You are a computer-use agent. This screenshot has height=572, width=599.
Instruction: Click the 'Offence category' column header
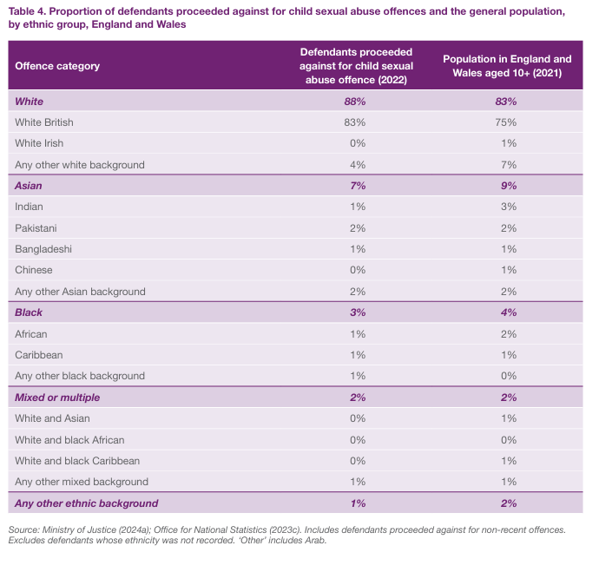[57, 66]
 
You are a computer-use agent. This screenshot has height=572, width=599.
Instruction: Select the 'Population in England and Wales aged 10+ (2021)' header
[507, 66]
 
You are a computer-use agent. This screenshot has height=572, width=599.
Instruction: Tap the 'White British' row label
[44, 122]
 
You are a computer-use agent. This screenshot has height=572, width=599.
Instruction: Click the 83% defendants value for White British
[355, 122]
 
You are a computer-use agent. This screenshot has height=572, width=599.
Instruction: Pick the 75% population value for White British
[508, 122]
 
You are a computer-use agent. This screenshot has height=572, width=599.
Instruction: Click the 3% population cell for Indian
[509, 207]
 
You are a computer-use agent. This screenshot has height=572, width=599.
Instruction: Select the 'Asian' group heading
[29, 186]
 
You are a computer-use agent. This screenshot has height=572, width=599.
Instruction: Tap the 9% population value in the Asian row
[509, 186]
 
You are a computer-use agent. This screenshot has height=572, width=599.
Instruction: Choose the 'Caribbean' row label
[39, 355]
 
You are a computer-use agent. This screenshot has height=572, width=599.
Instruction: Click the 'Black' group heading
[29, 312]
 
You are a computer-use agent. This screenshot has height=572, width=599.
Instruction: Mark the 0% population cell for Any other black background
[509, 376]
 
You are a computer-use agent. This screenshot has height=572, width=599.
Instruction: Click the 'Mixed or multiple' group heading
[57, 398]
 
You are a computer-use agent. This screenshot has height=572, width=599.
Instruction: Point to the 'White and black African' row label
[69, 440]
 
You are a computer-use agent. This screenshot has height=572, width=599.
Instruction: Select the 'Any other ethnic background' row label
[87, 503]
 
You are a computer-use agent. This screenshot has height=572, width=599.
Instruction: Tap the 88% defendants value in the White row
[355, 102]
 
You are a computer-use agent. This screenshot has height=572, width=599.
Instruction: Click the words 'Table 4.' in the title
[30, 10]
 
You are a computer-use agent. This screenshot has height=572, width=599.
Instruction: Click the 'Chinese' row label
[36, 270]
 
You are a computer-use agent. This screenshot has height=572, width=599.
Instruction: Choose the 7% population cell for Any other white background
[509, 165]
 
